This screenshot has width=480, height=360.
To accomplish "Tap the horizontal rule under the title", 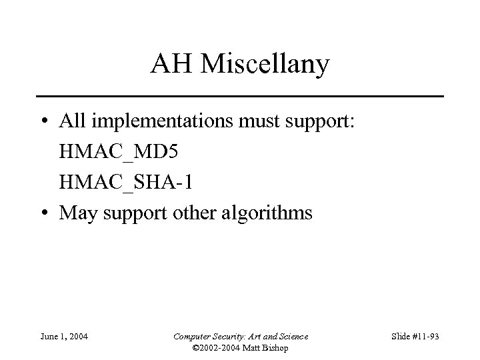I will click(240, 97).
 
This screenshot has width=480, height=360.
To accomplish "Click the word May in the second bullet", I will click(76, 214).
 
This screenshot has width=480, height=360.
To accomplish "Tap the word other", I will click(198, 213).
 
